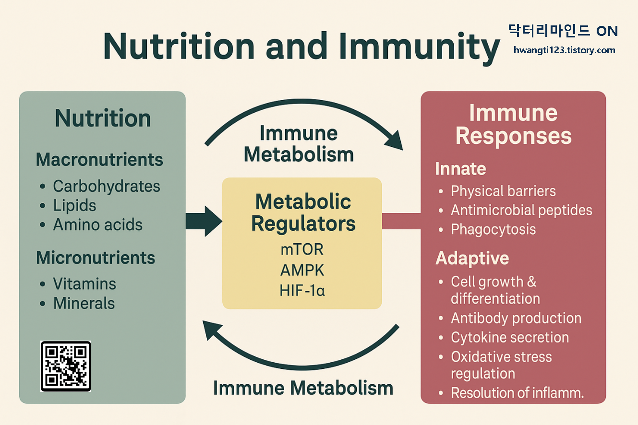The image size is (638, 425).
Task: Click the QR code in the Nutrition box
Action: click(x=65, y=366)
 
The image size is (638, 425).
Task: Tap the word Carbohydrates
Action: click(x=106, y=186)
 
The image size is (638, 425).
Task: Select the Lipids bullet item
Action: click(x=74, y=205)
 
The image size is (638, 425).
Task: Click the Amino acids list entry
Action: click(x=97, y=224)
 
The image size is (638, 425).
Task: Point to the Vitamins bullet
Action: click(x=84, y=283)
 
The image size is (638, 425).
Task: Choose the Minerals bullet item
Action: click(x=84, y=303)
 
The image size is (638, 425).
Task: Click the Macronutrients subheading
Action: click(x=99, y=160)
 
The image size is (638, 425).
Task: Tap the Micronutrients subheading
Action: click(x=96, y=258)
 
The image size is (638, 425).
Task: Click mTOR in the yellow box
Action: click(x=302, y=250)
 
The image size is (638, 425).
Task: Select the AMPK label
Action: click(x=302, y=271)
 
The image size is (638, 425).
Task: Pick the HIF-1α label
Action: click(x=302, y=290)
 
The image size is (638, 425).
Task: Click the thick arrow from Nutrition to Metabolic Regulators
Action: click(x=204, y=221)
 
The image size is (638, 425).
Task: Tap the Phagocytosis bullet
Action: click(x=493, y=229)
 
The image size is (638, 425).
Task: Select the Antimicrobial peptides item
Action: click(x=521, y=210)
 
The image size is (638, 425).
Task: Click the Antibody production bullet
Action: click(x=516, y=318)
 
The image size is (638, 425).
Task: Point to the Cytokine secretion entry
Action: click(x=510, y=337)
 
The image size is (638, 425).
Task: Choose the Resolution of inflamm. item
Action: click(x=517, y=393)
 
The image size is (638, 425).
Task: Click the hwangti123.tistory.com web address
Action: click(x=564, y=50)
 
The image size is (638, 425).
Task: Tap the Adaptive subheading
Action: click(x=472, y=259)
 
